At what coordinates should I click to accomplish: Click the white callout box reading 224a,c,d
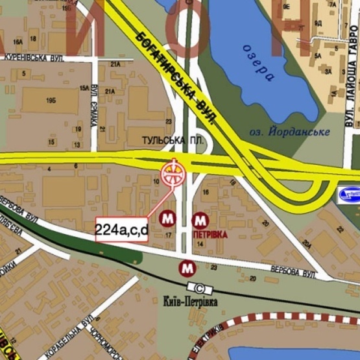click(x=122, y=229)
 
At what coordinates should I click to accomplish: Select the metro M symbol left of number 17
click(x=169, y=217)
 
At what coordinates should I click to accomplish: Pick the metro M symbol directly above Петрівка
click(x=201, y=219)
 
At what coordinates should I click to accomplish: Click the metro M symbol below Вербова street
click(x=188, y=267)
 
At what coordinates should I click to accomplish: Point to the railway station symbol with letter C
click(x=199, y=288)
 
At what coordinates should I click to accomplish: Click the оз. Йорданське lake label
click(x=289, y=132)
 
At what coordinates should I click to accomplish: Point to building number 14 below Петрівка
click(x=200, y=243)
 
